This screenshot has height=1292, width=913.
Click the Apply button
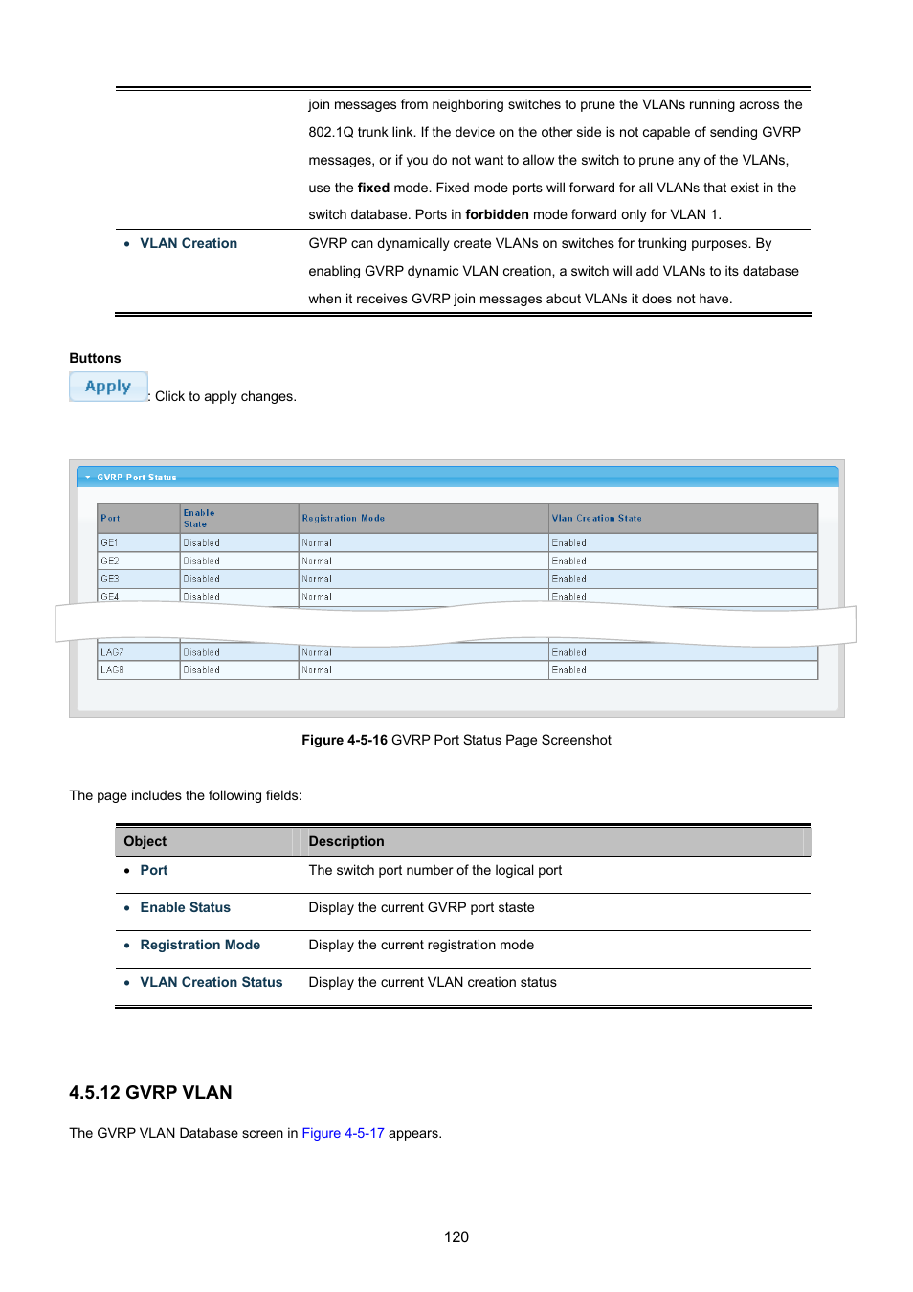(x=108, y=387)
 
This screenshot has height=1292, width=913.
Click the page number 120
(x=456, y=1236)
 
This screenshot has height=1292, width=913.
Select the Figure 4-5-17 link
(x=343, y=1133)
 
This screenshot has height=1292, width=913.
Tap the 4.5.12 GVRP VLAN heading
(x=150, y=1092)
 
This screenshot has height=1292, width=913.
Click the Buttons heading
(x=95, y=358)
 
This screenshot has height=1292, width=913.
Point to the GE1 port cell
(x=110, y=543)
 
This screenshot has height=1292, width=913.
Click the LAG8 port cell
(x=112, y=670)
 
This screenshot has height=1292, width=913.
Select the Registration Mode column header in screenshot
(x=344, y=518)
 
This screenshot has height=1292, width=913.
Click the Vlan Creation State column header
(x=596, y=518)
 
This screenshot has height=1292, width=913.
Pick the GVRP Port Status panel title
(x=136, y=477)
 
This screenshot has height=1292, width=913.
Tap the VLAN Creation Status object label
(x=211, y=982)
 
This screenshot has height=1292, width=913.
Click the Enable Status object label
(x=185, y=907)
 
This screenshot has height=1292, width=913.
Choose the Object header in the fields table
(x=145, y=841)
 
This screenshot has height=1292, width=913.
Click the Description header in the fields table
(x=346, y=841)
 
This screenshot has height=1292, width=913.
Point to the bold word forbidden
(x=497, y=214)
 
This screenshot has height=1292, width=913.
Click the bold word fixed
(x=373, y=188)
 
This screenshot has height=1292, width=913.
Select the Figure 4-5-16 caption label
(x=345, y=740)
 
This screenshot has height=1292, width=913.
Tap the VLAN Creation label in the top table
(x=189, y=243)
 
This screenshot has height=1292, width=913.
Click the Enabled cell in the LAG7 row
(x=569, y=652)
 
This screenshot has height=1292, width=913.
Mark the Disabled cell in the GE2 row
(x=202, y=561)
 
